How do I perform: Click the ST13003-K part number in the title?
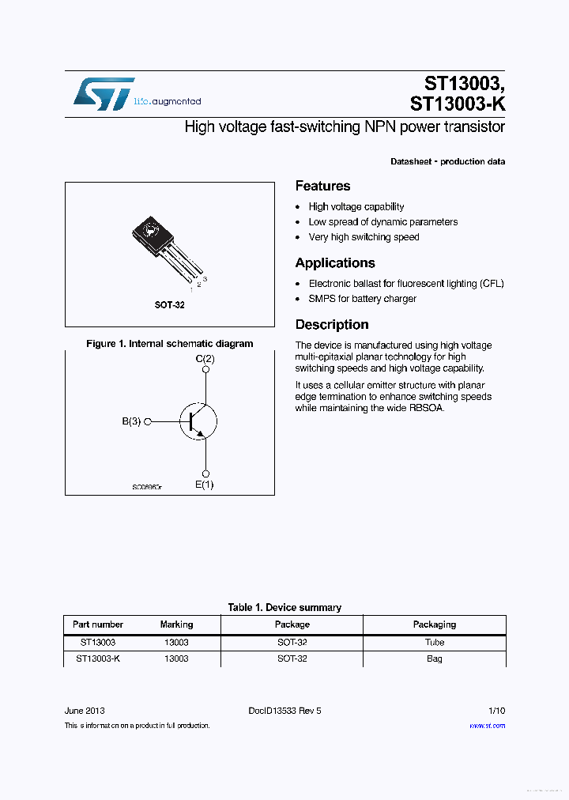(458, 104)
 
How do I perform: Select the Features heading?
(322, 187)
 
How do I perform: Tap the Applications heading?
(335, 263)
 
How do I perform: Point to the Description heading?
(332, 325)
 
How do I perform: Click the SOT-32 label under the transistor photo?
(169, 305)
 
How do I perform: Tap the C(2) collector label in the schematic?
(205, 360)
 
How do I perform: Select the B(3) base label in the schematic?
(131, 422)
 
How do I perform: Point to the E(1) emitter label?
(205, 485)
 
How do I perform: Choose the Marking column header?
(176, 625)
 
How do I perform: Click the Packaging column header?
(435, 625)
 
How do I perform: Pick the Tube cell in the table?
(435, 643)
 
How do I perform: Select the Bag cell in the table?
(435, 658)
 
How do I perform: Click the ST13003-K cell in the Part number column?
(98, 658)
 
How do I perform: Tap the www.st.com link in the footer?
(487, 726)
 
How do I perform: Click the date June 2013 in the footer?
(85, 711)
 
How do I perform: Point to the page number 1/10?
(496, 711)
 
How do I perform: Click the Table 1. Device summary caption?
(284, 608)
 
